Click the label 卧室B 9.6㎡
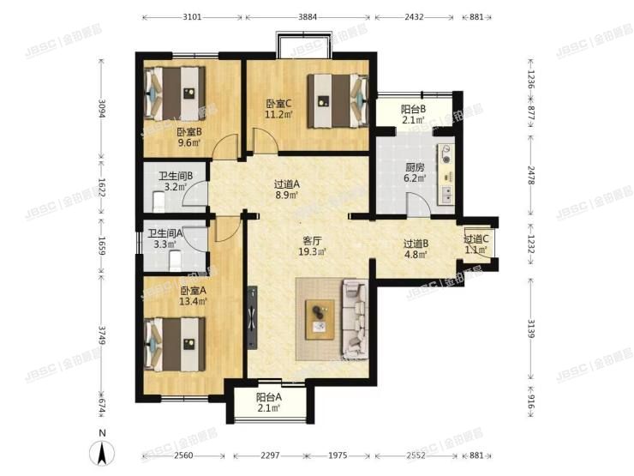pos(189,138)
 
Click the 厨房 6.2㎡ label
pos(393,175)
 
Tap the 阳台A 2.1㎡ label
pos(269,403)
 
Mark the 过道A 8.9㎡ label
pos(287,190)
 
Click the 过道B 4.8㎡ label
pos(417,249)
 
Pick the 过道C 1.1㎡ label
pos(475,244)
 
